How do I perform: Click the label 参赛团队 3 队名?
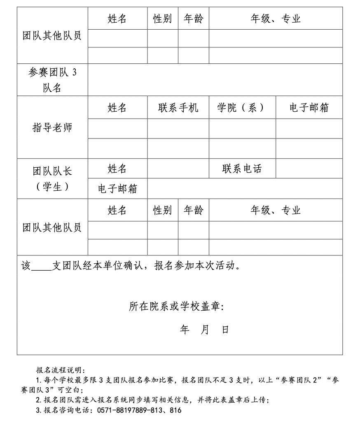(x=52, y=80)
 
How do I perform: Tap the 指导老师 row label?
(x=52, y=128)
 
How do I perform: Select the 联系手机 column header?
(x=178, y=108)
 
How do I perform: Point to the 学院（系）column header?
(x=242, y=108)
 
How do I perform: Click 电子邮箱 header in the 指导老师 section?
(x=309, y=108)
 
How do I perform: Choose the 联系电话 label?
(x=242, y=169)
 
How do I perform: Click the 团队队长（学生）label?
(x=52, y=178)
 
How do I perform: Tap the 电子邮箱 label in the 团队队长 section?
(x=117, y=189)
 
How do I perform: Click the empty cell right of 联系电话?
(x=309, y=169)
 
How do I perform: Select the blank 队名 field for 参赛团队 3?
(x=215, y=80)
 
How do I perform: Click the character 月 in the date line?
(x=205, y=330)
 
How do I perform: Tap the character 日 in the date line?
(x=225, y=330)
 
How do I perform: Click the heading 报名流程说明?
(x=60, y=370)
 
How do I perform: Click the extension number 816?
(x=175, y=410)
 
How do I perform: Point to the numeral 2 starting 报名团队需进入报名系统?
(x=38, y=400)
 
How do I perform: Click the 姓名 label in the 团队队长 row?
(x=117, y=169)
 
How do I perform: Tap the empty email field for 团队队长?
(x=245, y=189)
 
